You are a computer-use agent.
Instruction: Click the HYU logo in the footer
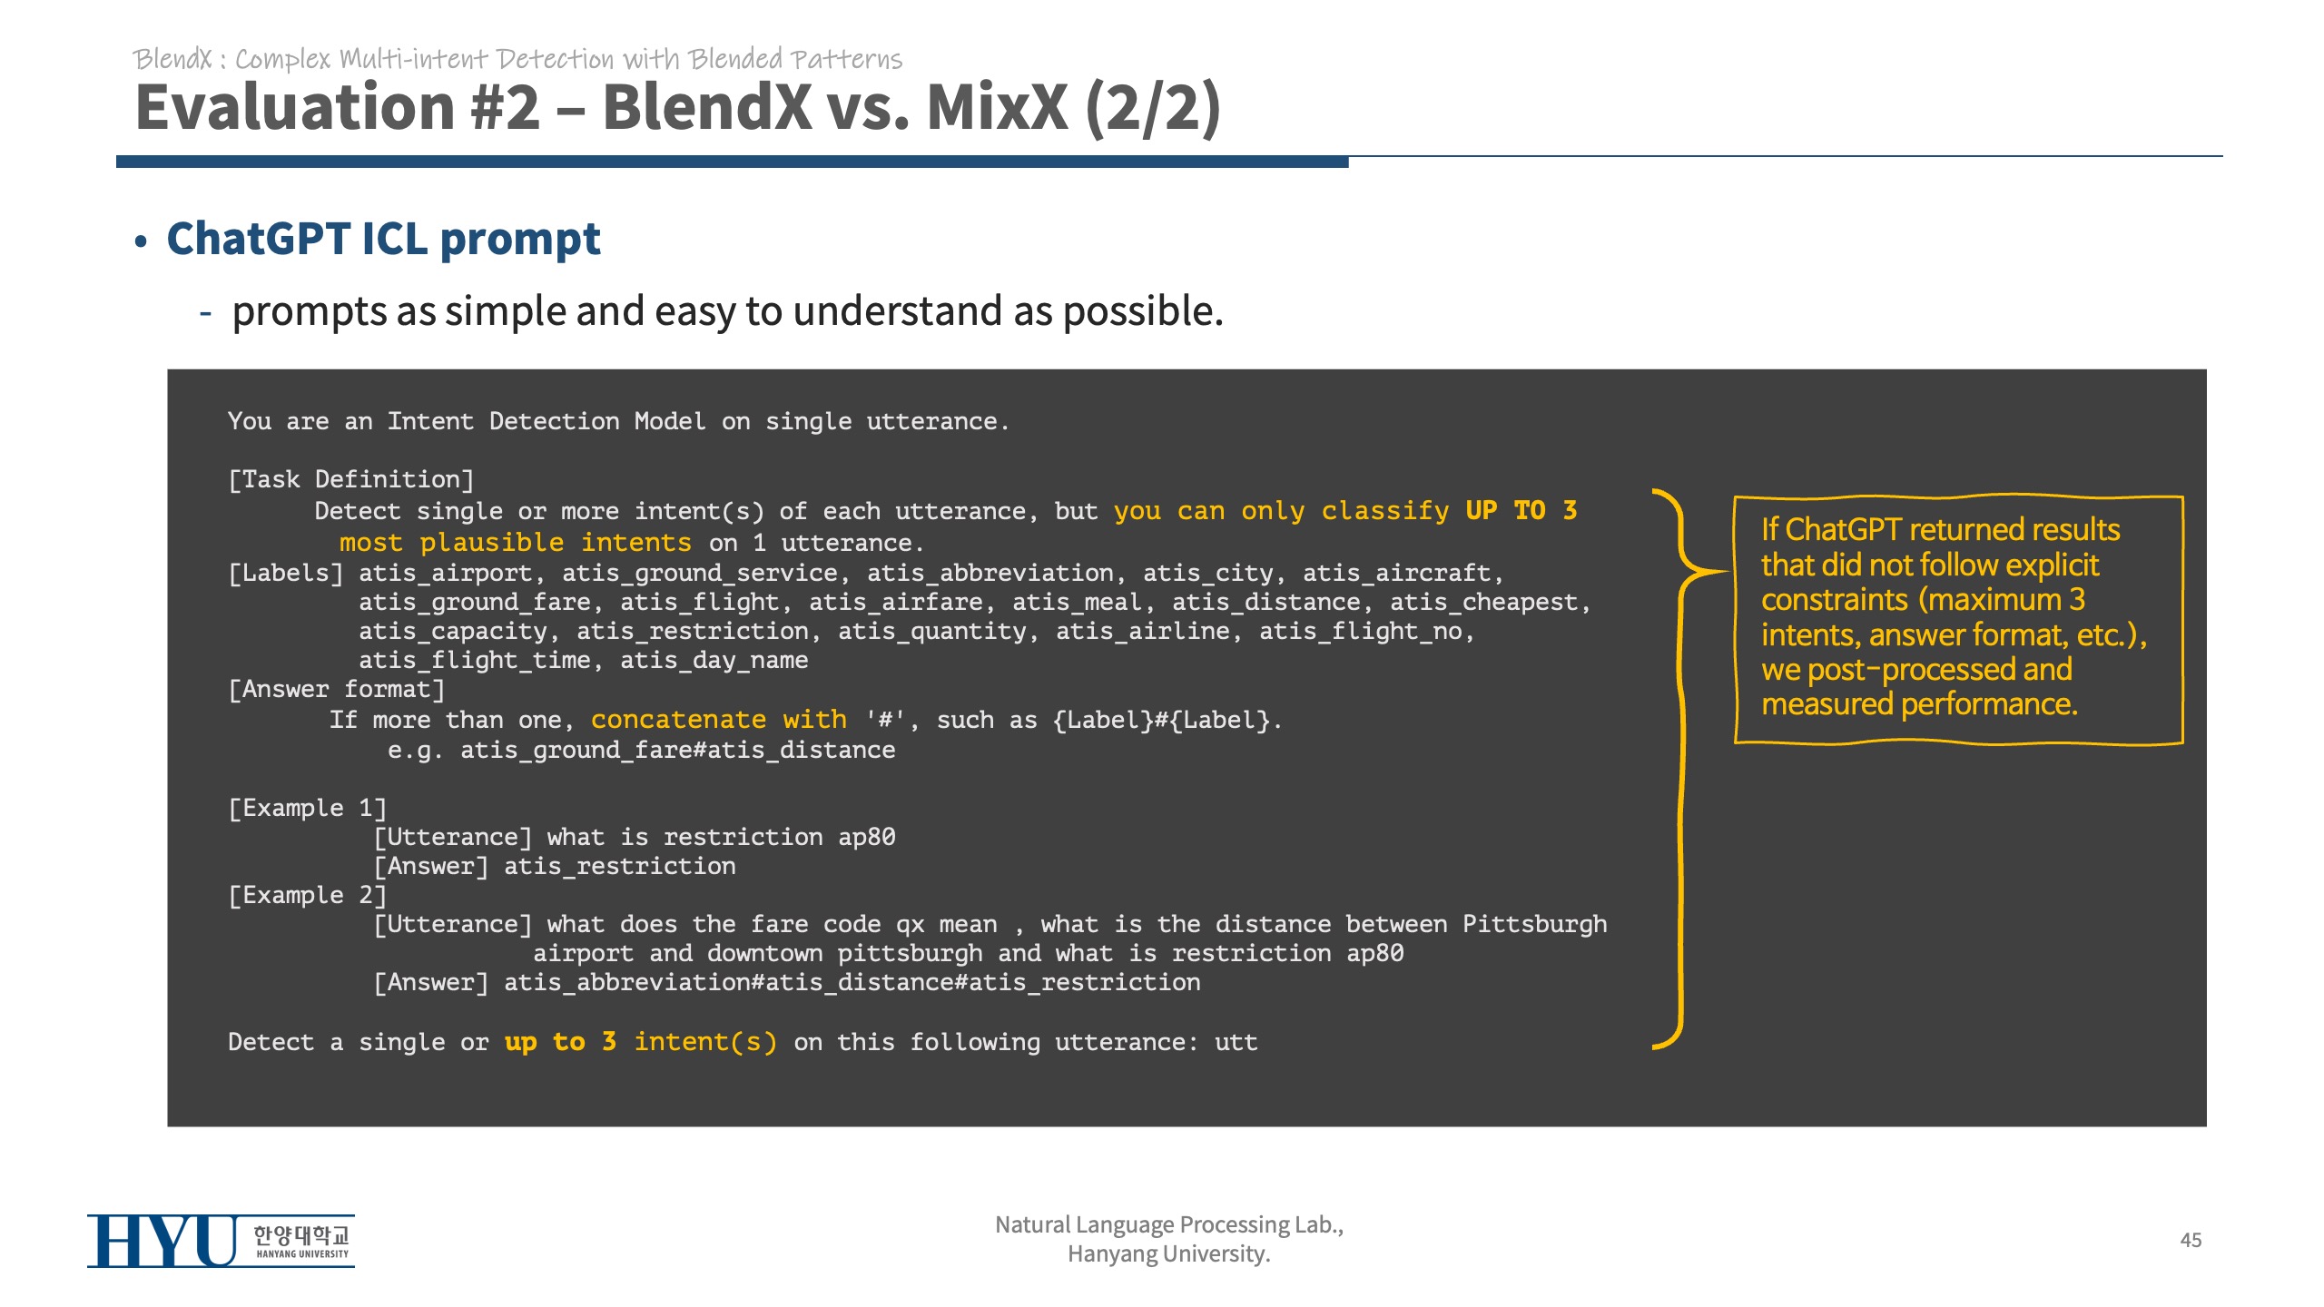[x=221, y=1241]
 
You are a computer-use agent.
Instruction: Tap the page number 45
[x=2191, y=1240]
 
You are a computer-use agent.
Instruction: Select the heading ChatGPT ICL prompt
[x=383, y=240]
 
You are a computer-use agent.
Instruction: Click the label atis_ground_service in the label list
[x=700, y=574]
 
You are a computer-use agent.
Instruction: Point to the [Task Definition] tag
[x=350, y=479]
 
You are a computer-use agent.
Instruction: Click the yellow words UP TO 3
[x=1521, y=510]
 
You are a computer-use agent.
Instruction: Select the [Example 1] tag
[x=308, y=808]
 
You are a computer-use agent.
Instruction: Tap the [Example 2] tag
[x=308, y=895]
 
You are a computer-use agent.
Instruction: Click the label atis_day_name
[x=714, y=661]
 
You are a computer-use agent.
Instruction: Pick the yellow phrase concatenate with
[x=719, y=720]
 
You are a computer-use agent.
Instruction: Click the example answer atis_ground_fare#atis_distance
[x=677, y=751]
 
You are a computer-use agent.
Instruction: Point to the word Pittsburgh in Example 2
[x=1534, y=925]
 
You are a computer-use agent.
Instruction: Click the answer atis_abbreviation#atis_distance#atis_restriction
[x=852, y=983]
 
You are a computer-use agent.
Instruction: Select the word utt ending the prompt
[x=1236, y=1043]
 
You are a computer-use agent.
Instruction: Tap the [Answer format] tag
[x=337, y=690]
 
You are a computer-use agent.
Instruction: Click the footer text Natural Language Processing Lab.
[x=1169, y=1225]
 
